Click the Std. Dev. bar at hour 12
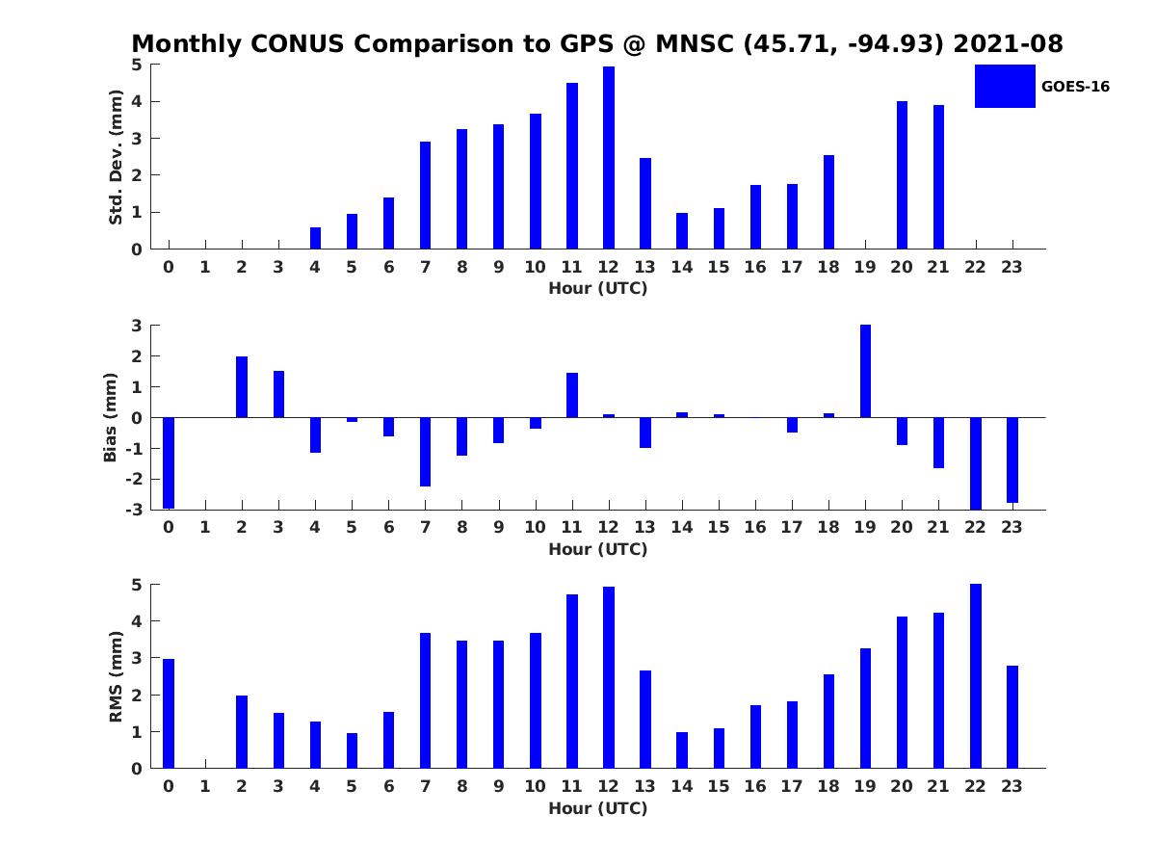tap(609, 158)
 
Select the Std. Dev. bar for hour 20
tap(902, 175)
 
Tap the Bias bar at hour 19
tap(865, 371)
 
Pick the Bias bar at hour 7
tap(425, 452)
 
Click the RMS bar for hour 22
tap(975, 676)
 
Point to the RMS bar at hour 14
tap(682, 750)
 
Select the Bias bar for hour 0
tap(169, 462)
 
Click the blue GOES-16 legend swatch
tap(1005, 87)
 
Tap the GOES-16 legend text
tap(1075, 87)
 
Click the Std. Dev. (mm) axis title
tap(116, 157)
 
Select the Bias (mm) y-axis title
tap(111, 417)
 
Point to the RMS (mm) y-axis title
tap(116, 676)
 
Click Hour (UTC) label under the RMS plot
tap(598, 808)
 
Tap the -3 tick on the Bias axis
tap(137, 510)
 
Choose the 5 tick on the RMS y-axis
tap(138, 585)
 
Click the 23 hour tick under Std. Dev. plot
tap(1011, 267)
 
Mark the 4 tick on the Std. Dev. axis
tap(138, 101)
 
